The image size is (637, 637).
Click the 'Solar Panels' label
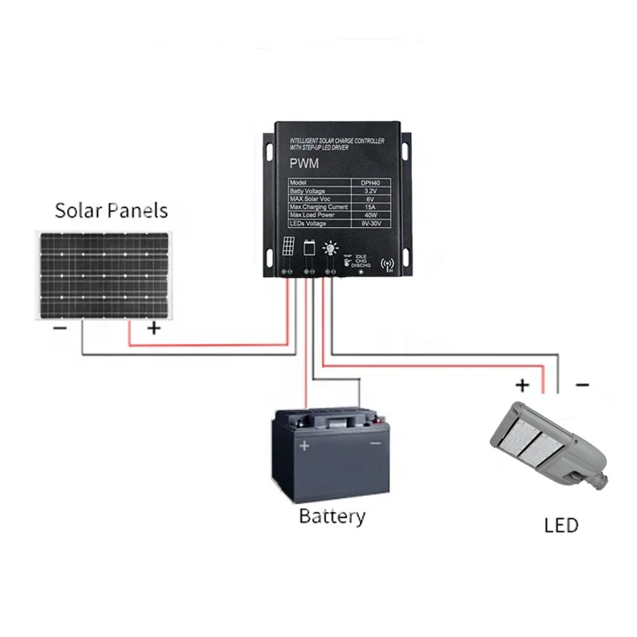111,210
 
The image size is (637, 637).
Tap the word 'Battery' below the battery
332,516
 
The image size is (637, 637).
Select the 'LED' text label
561,526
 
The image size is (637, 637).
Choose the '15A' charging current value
369,207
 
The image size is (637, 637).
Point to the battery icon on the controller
309,248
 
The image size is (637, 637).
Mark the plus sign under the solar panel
154,327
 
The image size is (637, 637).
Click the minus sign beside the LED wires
581,385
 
